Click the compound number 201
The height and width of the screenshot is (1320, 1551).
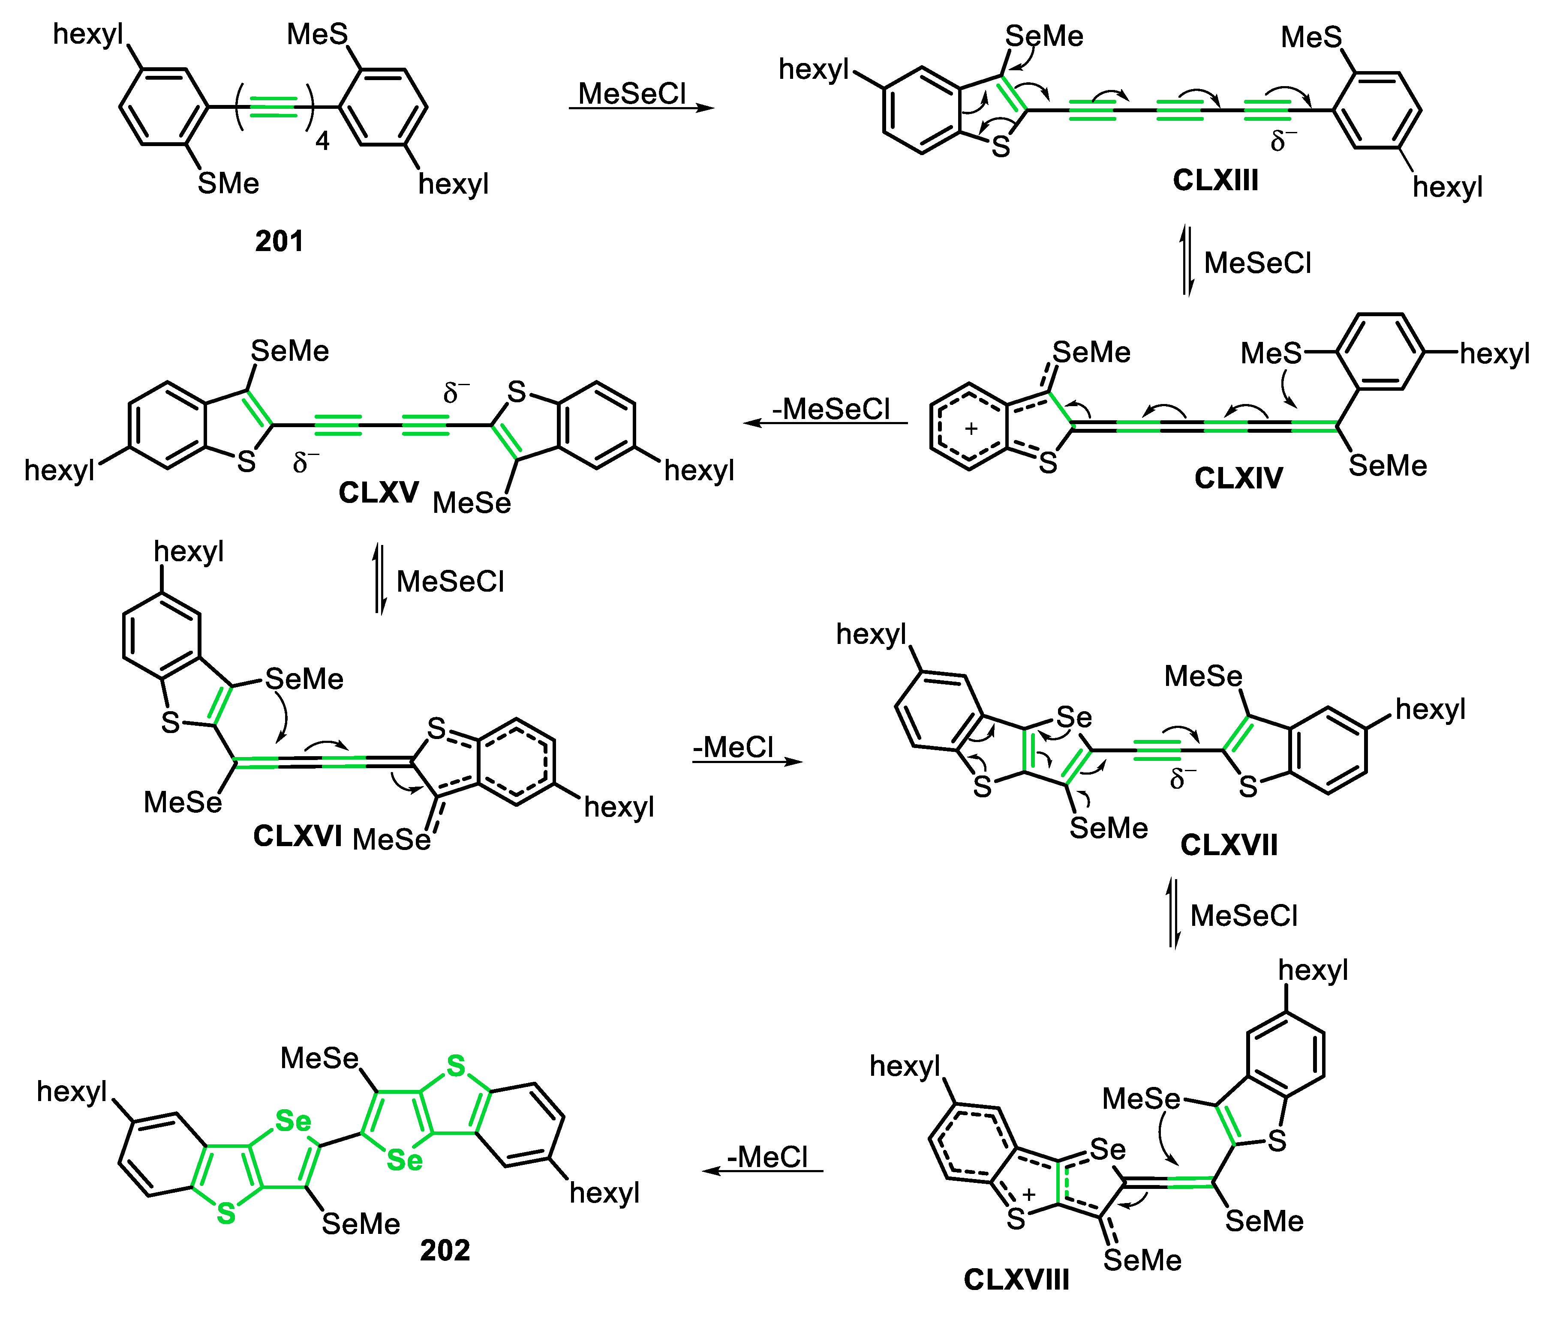279,242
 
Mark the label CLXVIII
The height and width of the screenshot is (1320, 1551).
1016,1280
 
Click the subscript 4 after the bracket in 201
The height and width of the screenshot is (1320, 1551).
323,141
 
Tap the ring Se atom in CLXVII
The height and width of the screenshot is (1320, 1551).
1073,718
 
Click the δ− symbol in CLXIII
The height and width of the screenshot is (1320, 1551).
1283,141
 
